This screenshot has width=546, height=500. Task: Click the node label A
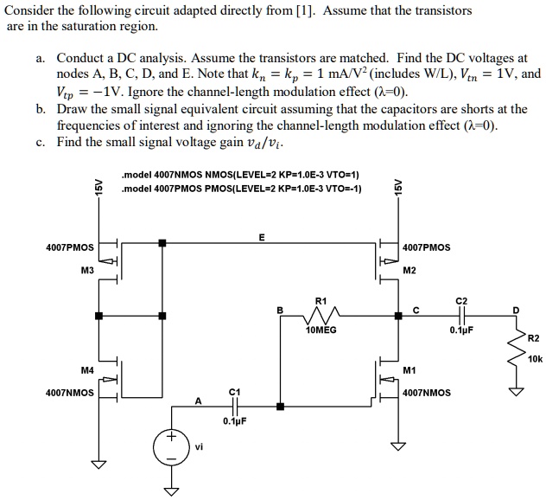[x=198, y=399]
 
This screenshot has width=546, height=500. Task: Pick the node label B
[x=279, y=309]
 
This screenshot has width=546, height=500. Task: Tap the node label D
[x=517, y=309]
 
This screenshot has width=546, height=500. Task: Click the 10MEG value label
[x=321, y=330]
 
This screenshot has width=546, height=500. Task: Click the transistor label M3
[x=86, y=270]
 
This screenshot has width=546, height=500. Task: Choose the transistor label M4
[x=86, y=369]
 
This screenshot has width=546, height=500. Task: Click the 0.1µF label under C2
[x=460, y=330]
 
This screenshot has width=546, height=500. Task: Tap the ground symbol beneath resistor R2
[x=517, y=392]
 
